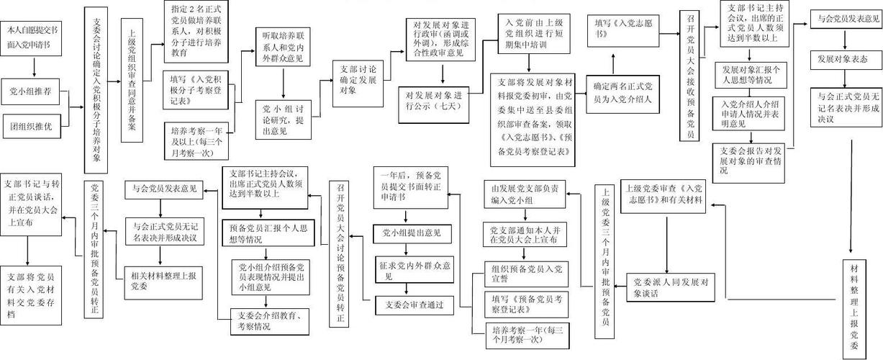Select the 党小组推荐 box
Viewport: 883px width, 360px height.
[x=33, y=91]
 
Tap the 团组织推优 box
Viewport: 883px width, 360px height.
[x=33, y=127]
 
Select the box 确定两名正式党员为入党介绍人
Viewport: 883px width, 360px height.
[x=622, y=94]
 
